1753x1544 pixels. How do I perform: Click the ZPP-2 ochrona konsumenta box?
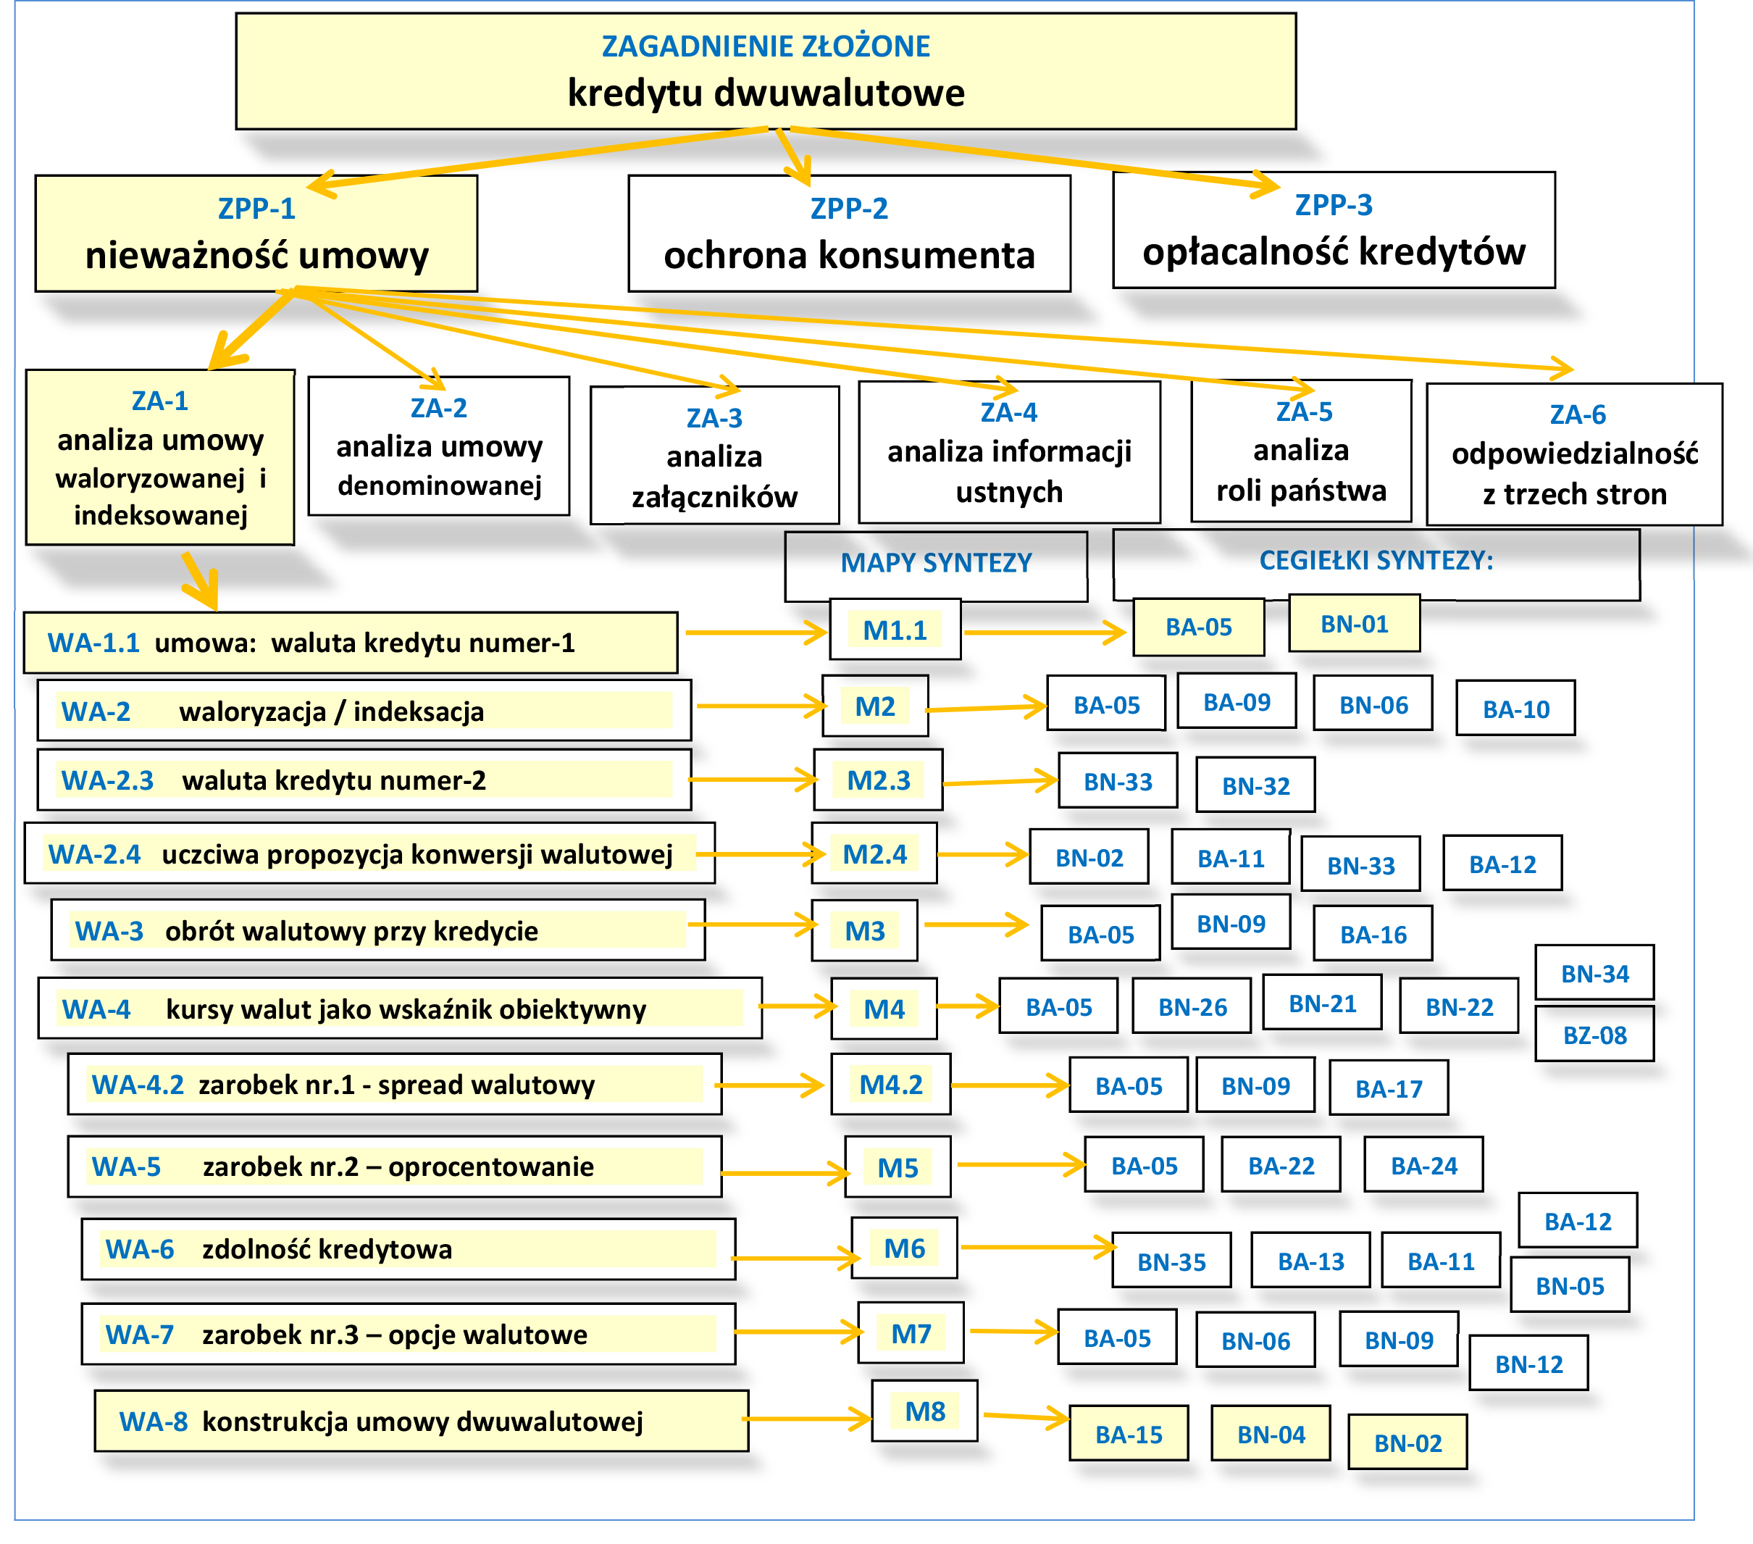[x=849, y=234]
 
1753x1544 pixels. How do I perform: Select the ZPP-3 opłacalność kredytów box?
[x=1334, y=230]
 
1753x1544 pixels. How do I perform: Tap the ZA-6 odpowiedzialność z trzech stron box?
[x=1575, y=454]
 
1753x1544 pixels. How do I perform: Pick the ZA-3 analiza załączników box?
[x=714, y=456]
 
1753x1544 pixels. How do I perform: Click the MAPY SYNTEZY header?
[x=936, y=564]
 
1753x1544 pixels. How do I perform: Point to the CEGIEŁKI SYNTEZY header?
[x=1376, y=561]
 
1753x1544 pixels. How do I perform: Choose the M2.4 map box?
[x=874, y=854]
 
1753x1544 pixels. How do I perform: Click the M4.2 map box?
[x=891, y=1085]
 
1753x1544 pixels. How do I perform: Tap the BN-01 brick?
[x=1354, y=625]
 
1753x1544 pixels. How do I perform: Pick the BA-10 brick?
[x=1515, y=709]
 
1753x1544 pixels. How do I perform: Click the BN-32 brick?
[x=1255, y=785]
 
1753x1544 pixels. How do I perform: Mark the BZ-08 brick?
[x=1594, y=1035]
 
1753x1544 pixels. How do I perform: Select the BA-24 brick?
[x=1423, y=1166]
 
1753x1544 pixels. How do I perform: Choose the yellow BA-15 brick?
[x=1129, y=1434]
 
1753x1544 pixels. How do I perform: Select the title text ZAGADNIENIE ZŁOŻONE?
[x=765, y=46]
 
